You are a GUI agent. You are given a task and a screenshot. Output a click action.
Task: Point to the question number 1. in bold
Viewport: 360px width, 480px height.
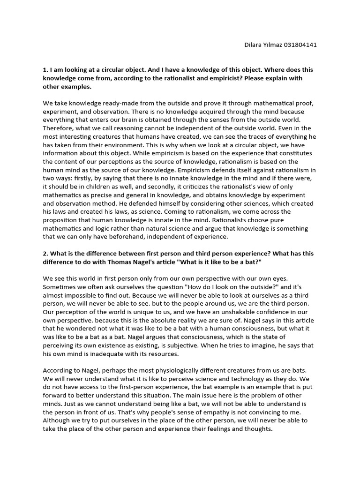tap(45, 69)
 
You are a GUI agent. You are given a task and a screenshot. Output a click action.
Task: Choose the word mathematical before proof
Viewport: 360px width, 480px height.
tap(268, 103)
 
